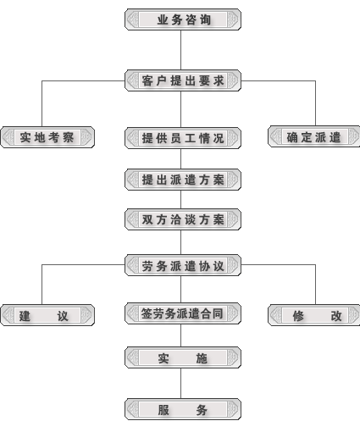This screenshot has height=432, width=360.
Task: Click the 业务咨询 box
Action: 183,19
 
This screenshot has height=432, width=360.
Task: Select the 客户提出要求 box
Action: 183,80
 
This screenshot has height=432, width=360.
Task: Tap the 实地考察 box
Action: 47,137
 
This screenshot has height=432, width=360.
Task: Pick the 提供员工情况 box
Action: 183,138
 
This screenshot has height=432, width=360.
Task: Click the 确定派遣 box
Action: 313,136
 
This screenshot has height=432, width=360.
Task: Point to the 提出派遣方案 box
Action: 183,180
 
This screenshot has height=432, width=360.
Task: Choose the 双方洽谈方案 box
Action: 183,219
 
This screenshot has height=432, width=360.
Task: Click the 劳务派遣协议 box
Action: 183,265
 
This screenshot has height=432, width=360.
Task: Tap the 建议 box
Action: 47,315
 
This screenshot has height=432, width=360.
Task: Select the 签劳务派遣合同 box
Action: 183,313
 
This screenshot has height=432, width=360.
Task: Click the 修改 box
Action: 313,315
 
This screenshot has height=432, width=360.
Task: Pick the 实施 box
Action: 183,357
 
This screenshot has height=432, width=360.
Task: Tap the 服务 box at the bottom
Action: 183,409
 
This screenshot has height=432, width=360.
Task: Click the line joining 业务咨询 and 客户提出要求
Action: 181,50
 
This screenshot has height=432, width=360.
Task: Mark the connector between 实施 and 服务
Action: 181,383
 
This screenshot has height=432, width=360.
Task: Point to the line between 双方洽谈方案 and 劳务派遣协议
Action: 181,242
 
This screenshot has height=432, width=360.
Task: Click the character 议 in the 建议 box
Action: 63,316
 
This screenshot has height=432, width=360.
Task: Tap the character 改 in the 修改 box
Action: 336,316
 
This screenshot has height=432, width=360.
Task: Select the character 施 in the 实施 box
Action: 202,358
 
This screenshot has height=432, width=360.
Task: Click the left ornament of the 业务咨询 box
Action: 133,19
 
